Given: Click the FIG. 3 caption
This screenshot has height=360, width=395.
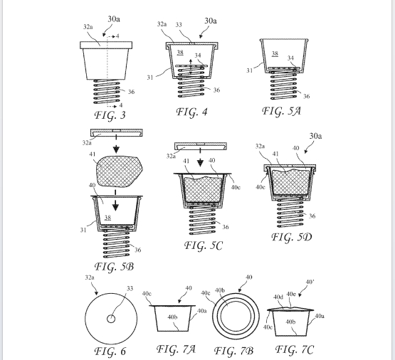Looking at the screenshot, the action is [110, 115].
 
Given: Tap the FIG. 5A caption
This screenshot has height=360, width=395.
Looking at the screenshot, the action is [281, 111].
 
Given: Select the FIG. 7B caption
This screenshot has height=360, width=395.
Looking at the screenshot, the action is [233, 351].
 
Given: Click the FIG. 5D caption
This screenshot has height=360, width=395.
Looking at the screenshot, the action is [292, 237].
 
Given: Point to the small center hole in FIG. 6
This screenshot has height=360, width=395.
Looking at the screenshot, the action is [111, 319].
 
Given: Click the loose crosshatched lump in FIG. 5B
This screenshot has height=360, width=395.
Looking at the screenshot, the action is [119, 171].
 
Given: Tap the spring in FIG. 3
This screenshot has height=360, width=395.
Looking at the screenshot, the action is [107, 92].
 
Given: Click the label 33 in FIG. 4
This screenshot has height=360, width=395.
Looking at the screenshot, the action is [179, 25].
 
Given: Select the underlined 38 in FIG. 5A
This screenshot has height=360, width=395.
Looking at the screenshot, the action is [275, 53].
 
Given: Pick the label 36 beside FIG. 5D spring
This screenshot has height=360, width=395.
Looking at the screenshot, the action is [312, 216].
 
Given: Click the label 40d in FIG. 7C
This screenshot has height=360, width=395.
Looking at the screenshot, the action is [278, 297].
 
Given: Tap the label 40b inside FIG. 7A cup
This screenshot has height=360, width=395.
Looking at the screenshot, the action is [172, 317].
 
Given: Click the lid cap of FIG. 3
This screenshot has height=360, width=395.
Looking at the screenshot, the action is [106, 45].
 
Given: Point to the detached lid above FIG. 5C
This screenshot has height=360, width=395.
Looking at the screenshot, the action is [201, 146].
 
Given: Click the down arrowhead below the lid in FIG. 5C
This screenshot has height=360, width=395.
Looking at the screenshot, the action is [200, 163].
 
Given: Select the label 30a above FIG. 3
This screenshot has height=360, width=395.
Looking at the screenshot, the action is [114, 19].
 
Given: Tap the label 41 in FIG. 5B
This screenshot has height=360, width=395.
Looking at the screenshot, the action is [93, 154].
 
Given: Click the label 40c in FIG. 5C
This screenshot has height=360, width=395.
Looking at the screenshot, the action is [236, 187].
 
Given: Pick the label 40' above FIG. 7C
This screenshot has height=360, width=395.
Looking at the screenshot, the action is [310, 282].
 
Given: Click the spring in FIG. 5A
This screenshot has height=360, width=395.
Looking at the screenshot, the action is [283, 85].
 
